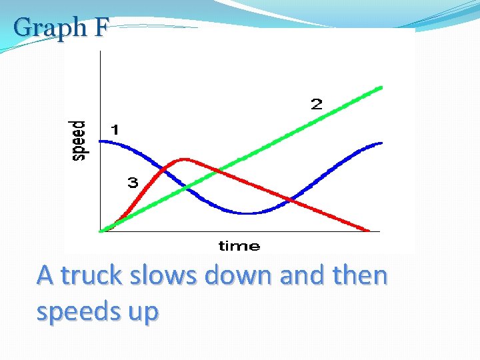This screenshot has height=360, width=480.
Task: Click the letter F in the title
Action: [x=99, y=27]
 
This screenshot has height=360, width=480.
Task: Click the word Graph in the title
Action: [x=50, y=28]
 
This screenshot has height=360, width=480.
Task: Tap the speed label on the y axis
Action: [x=79, y=140]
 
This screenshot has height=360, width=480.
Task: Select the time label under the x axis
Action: [x=239, y=246]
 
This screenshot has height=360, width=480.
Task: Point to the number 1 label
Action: [x=115, y=130]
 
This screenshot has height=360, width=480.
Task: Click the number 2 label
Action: [x=316, y=104]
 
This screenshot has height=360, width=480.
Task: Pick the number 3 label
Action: [x=133, y=183]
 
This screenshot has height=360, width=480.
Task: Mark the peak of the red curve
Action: [x=185, y=159]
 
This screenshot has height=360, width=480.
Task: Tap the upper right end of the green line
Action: [x=381, y=87]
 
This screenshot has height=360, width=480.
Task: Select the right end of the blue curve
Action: [x=381, y=143]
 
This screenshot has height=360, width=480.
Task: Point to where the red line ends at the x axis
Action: [x=369, y=231]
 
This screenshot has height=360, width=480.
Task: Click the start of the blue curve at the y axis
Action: [x=101, y=141]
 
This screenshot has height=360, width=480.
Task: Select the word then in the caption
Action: [x=359, y=275]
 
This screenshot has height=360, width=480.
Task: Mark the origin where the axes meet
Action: [x=100, y=231]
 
